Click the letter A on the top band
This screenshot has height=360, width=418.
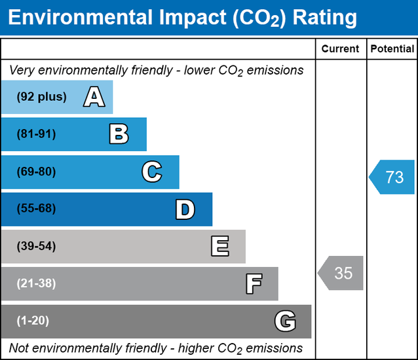[94, 98]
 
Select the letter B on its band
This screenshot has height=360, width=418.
[119, 135]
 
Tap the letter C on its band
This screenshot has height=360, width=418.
[152, 172]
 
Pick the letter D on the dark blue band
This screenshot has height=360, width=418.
[185, 209]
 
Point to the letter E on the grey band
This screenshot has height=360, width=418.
[219, 247]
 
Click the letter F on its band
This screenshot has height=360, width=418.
[254, 284]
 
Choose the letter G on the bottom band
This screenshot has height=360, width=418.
[285, 321]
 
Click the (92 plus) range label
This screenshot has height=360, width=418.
[42, 97]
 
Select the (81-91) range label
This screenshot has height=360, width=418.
[37, 134]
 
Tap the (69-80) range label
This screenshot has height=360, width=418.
[37, 172]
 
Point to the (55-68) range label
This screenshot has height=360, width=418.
[37, 209]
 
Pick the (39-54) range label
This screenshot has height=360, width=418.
[37, 247]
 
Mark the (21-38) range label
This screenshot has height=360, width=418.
[37, 283]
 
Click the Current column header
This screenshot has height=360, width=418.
[341, 48]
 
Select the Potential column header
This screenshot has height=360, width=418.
[392, 48]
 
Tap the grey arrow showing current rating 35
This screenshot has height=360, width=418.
[341, 273]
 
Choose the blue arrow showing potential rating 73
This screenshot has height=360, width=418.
[392, 177]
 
